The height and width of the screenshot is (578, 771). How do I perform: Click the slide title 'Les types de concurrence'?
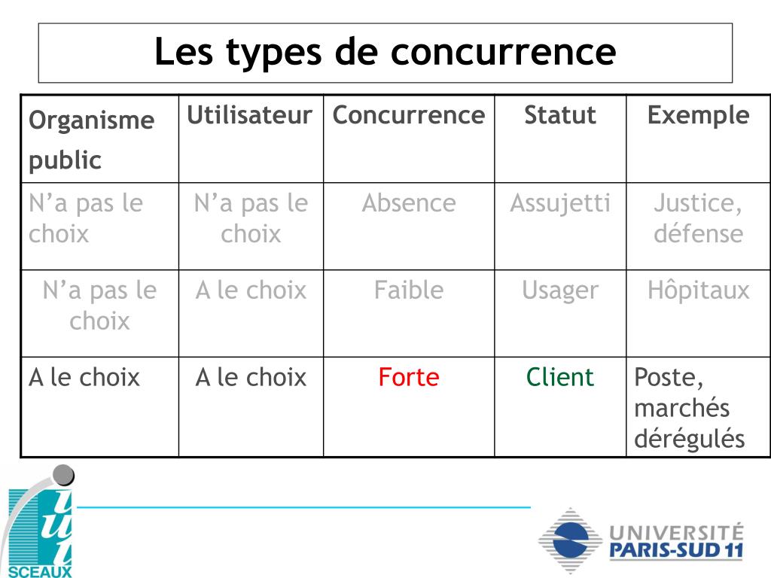pos(385,52)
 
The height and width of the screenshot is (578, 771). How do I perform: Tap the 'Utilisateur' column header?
pos(249,115)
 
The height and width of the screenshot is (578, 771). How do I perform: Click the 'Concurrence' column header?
pos(409,115)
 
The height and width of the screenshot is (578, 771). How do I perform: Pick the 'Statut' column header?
pos(559,115)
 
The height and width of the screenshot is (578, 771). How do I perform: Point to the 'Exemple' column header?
pos(698,115)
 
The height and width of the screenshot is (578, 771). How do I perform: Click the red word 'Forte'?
pos(408,377)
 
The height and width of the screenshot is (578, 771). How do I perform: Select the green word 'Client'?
pos(559,377)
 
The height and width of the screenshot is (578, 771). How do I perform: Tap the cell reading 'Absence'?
pos(408,203)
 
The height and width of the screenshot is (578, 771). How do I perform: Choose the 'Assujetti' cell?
pos(559,203)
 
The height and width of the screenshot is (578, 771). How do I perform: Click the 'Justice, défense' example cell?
pos(698,218)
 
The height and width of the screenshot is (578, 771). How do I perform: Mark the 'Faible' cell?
pos(408,291)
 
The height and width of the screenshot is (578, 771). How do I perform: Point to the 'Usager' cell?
pos(559,291)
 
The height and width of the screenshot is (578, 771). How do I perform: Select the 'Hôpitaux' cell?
pos(698,291)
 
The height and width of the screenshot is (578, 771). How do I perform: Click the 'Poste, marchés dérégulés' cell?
pos(689,407)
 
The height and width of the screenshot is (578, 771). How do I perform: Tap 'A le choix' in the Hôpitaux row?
pos(251,291)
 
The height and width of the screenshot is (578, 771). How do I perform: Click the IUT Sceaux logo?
pos(41,523)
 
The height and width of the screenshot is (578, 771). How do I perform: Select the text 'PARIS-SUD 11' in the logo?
pos(675,550)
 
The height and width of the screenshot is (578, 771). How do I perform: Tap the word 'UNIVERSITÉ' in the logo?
pos(675,531)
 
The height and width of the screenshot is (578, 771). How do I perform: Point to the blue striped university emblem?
pos(569,540)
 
